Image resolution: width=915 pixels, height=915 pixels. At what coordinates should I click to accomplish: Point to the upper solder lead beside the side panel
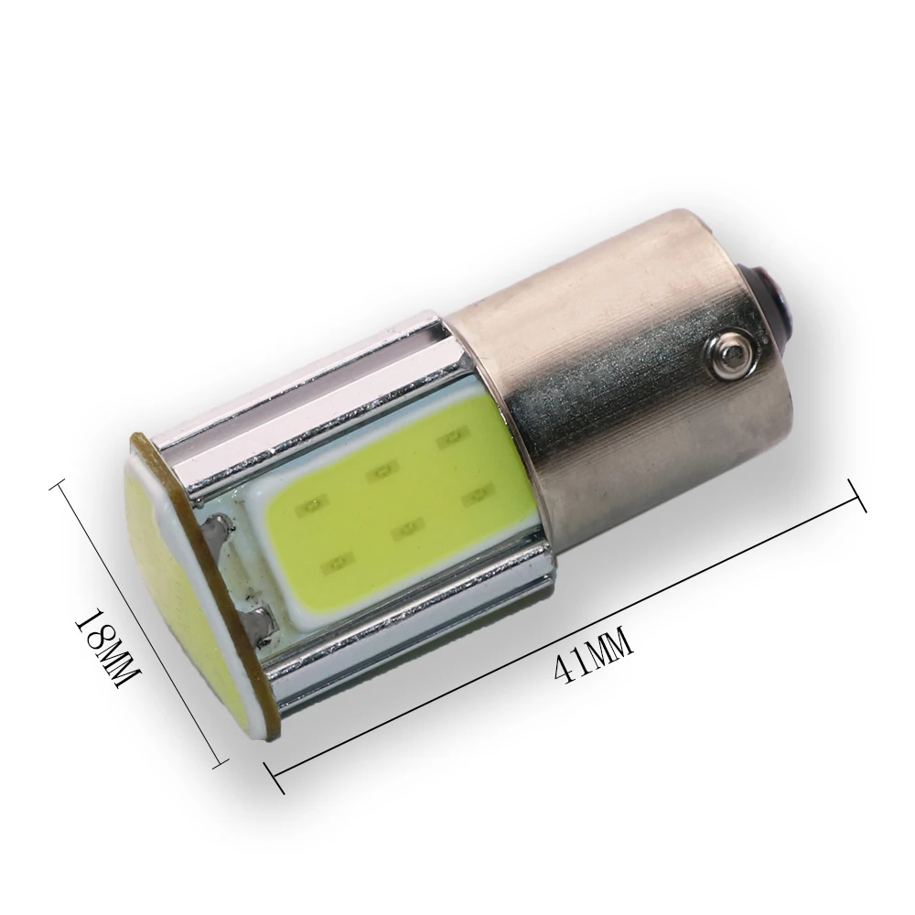tap(217, 531)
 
